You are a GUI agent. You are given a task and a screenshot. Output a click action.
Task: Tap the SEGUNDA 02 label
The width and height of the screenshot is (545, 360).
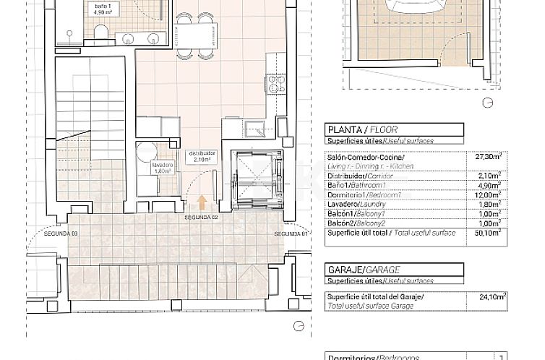pos(201,217)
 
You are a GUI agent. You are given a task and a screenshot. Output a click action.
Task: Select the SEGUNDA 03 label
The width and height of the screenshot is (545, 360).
pos(61,233)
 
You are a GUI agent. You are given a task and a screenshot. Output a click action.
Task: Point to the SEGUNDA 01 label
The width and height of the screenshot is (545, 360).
pos(291,233)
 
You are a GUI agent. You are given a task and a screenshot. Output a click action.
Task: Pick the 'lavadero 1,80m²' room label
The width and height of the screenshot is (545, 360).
pos(163,168)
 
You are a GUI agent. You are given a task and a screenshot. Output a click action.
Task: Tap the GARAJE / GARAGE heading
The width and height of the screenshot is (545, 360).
pos(359,270)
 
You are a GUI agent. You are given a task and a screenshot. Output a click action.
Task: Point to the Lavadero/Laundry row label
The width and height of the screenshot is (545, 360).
pos(356,204)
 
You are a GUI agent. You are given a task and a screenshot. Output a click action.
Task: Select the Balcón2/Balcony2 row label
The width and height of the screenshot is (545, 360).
pos(356,223)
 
